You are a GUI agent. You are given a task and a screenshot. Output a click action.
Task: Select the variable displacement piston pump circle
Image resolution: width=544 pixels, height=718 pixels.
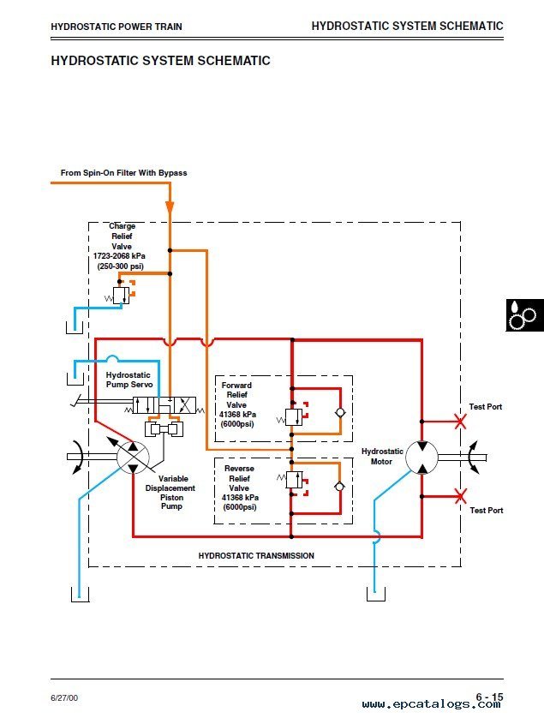click(x=133, y=457)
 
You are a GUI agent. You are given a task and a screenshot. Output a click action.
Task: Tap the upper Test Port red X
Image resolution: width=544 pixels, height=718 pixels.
click(x=460, y=422)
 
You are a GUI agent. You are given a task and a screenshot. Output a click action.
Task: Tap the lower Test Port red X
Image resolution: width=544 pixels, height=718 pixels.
click(x=460, y=496)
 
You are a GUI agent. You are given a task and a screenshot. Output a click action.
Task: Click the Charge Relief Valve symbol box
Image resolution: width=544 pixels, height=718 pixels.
click(x=122, y=296)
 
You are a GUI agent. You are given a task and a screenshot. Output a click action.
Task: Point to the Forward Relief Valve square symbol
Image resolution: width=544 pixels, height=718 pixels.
click(x=294, y=417)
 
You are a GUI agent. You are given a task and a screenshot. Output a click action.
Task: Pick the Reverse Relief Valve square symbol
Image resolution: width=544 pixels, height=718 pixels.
click(x=294, y=480)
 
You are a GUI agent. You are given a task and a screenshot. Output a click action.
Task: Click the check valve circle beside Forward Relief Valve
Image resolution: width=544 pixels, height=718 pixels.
click(x=340, y=413)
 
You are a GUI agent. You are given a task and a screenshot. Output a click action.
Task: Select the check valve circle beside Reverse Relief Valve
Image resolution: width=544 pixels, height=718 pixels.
click(x=339, y=487)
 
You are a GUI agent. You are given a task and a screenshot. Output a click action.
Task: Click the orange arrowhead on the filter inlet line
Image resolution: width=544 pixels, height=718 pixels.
click(x=170, y=207)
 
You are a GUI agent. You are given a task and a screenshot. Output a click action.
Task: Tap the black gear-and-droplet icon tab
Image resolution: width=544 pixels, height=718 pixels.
click(x=525, y=315)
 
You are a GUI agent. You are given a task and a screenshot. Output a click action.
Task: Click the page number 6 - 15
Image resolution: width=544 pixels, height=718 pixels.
click(x=489, y=697)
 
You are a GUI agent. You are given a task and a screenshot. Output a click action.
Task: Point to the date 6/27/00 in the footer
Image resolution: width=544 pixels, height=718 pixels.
click(x=64, y=697)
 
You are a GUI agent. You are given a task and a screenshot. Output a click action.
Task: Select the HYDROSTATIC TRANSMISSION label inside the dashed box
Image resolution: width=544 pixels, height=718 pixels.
click(x=256, y=555)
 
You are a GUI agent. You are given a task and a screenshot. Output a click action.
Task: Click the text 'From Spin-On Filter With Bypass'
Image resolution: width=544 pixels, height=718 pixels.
click(x=123, y=172)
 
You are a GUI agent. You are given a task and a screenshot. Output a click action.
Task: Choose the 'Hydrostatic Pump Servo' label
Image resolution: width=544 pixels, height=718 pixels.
click(x=129, y=380)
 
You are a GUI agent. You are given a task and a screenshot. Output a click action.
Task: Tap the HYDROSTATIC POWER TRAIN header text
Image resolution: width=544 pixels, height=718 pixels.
click(x=117, y=27)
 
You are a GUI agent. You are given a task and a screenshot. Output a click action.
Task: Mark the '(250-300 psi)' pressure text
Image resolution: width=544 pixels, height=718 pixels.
click(x=121, y=266)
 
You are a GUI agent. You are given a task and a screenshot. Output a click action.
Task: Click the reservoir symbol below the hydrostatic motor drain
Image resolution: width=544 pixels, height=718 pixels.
click(x=376, y=595)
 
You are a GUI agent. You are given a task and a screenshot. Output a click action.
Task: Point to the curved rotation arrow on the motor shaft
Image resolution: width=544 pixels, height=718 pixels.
click(x=474, y=457)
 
